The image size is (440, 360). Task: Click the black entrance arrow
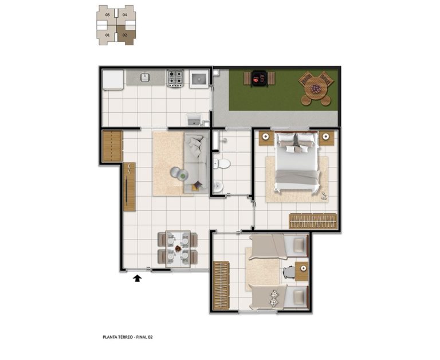(137, 278)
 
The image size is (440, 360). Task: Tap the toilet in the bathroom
(222, 163)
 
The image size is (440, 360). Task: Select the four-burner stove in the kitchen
(175, 78)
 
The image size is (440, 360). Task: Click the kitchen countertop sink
(145, 77)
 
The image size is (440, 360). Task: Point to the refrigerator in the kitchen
(113, 80)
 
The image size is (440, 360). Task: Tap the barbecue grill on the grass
(259, 79)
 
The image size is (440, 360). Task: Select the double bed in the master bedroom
(297, 162)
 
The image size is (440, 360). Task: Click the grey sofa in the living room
(197, 163)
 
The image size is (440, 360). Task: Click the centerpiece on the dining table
(178, 249)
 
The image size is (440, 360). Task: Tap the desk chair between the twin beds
(289, 272)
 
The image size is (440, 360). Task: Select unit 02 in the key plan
(125, 36)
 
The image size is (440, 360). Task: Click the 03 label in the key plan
(108, 14)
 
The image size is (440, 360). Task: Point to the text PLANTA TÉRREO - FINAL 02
(128, 337)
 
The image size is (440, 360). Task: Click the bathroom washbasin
(218, 186)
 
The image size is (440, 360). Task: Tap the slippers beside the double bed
(324, 195)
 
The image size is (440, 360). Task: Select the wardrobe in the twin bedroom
(221, 286)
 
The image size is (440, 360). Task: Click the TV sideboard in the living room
(129, 187)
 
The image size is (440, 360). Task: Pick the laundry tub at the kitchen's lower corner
(194, 119)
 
